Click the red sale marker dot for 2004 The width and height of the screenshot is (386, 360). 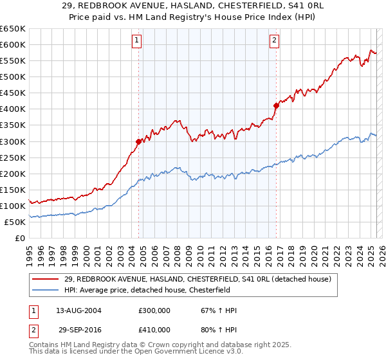[x=138, y=141]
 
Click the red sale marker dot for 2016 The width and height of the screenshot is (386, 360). [x=276, y=105]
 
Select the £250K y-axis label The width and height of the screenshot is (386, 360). [x=13, y=157]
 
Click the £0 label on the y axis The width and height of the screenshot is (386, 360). [x=19, y=238]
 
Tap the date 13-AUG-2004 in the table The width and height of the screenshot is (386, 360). [x=78, y=310]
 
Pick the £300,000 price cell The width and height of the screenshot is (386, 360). [x=155, y=310]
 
